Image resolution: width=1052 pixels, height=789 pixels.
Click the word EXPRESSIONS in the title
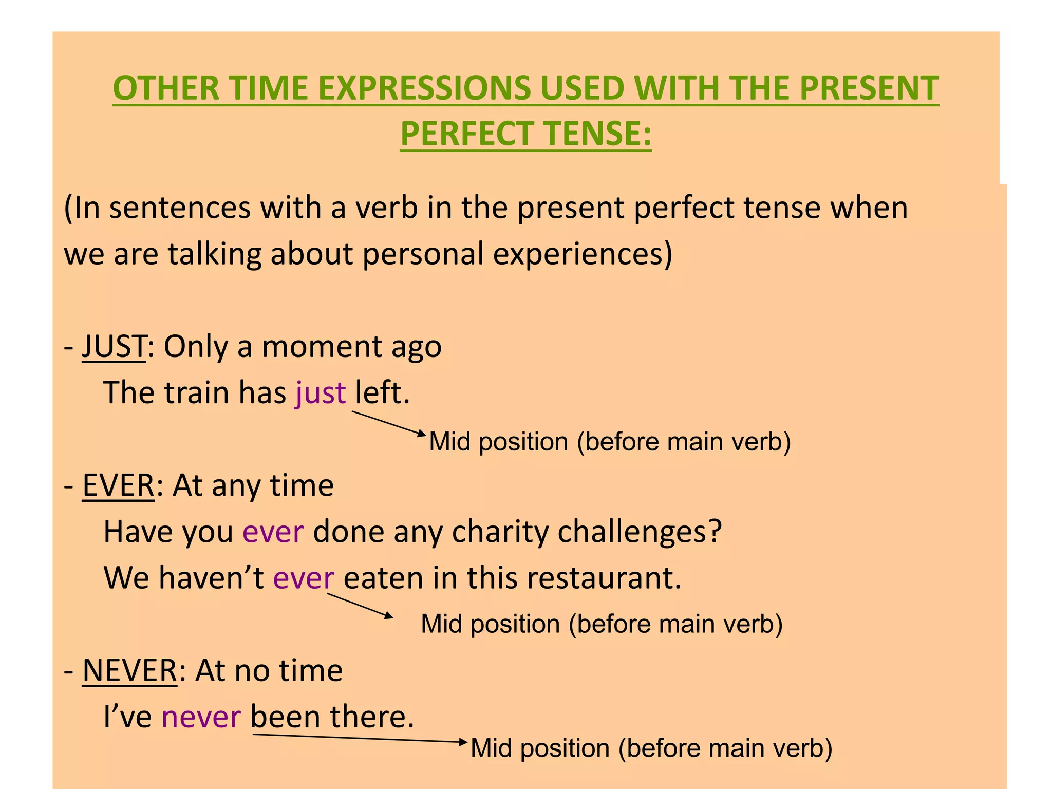(424, 88)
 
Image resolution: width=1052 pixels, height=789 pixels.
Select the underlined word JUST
(114, 346)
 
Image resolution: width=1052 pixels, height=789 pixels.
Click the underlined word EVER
(118, 485)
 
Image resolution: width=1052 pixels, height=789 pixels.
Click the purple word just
(321, 393)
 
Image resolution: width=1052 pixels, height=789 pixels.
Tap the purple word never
(201, 717)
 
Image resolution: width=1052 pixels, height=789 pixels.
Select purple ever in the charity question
(273, 532)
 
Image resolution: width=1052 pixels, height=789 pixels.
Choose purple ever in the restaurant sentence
(304, 578)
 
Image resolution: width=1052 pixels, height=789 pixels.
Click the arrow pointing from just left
(389, 423)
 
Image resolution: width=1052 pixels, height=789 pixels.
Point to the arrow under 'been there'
(360, 738)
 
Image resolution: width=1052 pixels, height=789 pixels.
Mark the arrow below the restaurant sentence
(360, 605)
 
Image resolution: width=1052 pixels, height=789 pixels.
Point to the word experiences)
(583, 254)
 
